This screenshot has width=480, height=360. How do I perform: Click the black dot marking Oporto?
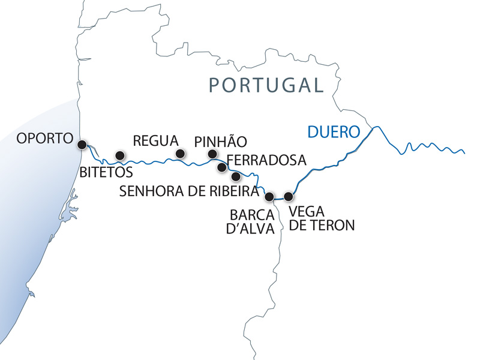tap(82, 144)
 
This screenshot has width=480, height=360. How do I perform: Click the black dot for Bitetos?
tap(119, 155)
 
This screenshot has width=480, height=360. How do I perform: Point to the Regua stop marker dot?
tap(179, 154)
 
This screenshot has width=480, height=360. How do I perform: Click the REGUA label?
tap(155, 141)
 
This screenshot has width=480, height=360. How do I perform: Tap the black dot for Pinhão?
tap(212, 154)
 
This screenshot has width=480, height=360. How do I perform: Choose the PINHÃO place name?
tap(220, 142)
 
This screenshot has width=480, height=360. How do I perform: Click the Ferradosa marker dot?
tap(221, 167)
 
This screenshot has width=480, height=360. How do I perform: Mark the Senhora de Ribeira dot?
tap(236, 176)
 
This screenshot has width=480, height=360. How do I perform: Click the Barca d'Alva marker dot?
tap(269, 196)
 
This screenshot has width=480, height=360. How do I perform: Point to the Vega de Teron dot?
tap(289, 196)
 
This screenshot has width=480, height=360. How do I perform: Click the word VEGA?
tap(305, 212)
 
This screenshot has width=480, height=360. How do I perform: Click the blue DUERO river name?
tap(333, 131)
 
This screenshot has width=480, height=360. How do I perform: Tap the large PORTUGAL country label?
tap(266, 85)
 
